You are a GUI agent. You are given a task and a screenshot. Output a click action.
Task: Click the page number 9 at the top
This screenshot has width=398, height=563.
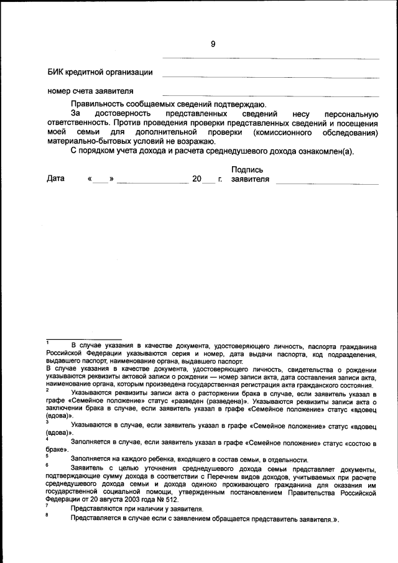tap(213, 44)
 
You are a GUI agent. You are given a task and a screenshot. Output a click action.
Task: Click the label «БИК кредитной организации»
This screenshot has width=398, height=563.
tap(100, 72)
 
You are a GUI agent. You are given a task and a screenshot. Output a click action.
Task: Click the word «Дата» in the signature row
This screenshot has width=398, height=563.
tap(56, 179)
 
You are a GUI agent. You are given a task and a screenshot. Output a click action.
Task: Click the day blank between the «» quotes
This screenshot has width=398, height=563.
tap(101, 180)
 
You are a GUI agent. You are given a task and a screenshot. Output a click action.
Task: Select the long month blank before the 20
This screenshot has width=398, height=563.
tap(152, 182)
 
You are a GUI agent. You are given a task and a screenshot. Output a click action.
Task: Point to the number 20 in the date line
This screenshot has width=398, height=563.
tap(197, 179)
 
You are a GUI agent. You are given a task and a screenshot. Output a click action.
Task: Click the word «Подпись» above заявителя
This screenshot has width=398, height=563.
tap(247, 170)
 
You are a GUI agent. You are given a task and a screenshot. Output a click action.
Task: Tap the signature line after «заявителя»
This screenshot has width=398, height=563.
tap(327, 183)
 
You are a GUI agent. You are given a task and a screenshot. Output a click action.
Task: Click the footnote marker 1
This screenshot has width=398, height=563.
tap(48, 342)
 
